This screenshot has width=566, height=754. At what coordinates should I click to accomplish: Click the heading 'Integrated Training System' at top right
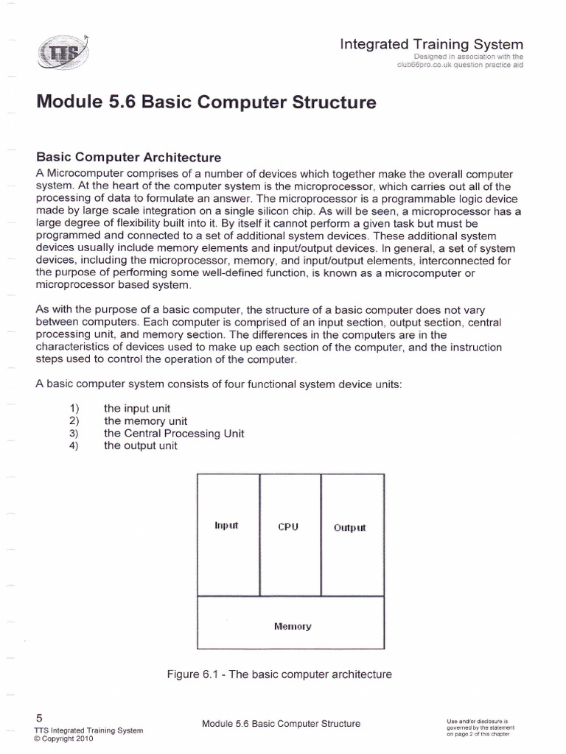coord(431,44)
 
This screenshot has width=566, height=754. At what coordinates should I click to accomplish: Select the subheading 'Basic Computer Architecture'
coord(129,158)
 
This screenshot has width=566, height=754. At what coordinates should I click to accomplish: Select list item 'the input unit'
coord(137,408)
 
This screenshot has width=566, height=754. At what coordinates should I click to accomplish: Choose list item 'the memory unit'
coord(145,420)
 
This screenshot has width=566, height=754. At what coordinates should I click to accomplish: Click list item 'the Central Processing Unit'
coord(174,433)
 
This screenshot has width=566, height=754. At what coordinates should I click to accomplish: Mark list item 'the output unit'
coord(141,445)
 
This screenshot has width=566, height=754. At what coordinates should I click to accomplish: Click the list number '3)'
coord(73,433)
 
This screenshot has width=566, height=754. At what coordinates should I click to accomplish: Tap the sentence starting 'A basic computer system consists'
coord(218,384)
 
